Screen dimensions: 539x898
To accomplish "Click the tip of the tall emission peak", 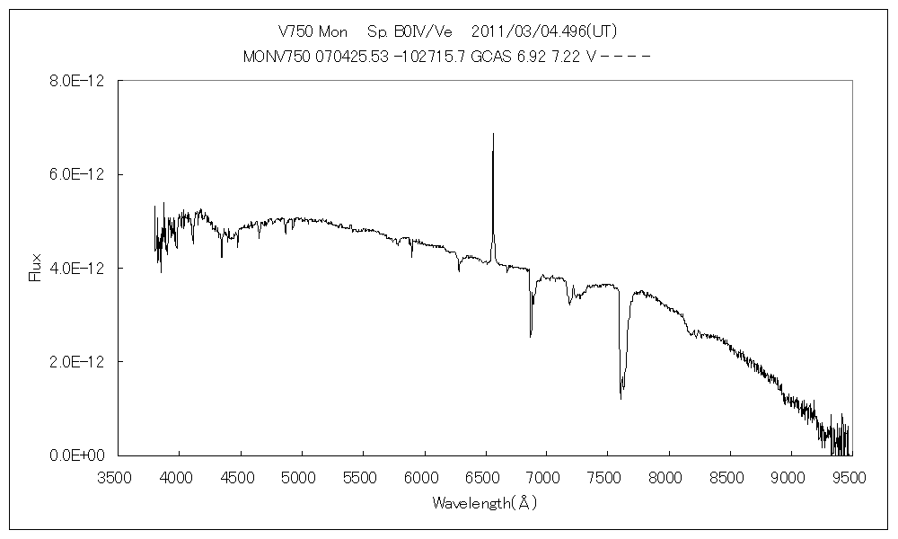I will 493,134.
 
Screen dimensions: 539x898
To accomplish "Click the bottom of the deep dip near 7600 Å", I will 621,398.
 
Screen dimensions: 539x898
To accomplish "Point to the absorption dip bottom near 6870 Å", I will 531,336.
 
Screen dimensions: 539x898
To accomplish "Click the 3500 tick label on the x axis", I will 117,476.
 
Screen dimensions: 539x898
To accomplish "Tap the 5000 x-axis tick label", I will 301,476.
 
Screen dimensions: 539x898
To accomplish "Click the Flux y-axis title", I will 36,268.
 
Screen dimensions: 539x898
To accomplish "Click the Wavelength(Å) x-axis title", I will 484,502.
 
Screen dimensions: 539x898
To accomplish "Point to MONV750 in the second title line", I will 274,56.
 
